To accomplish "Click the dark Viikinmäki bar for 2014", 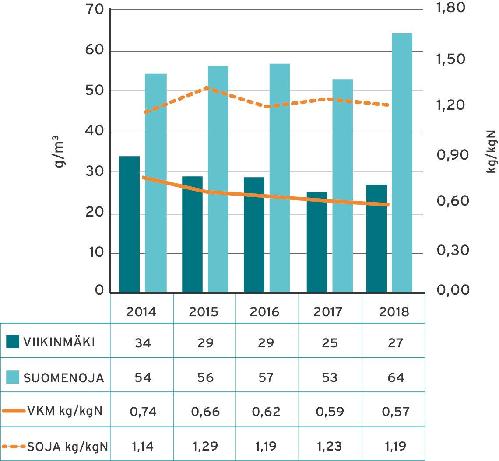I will pos(129,224).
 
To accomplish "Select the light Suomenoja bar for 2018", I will pos(402,162).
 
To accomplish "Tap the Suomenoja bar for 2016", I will pos(279,178).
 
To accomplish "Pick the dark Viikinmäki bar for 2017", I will pos(316,242).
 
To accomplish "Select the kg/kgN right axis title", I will pos(492,150).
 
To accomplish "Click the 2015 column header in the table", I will pos(204,312).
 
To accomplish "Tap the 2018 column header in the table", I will pos(394,312).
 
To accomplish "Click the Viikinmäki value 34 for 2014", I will pos(143,342).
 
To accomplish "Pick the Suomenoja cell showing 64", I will pos(395,377).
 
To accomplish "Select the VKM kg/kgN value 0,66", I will pos(205,412).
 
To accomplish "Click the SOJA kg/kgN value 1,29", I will pos(205,446).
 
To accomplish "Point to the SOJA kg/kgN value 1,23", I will pos(330,446).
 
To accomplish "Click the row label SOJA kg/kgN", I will pos(68,446).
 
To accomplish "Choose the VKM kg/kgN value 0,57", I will pos(395,412).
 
